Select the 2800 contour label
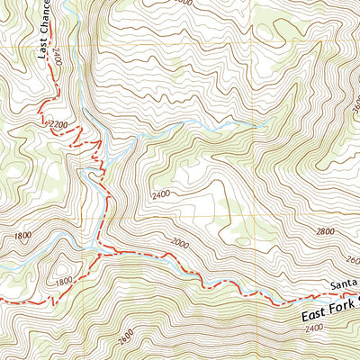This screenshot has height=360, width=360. click(x=325, y=231)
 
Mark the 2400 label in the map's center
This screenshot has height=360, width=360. click(x=162, y=194)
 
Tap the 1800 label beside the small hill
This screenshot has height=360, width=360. click(x=62, y=281)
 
